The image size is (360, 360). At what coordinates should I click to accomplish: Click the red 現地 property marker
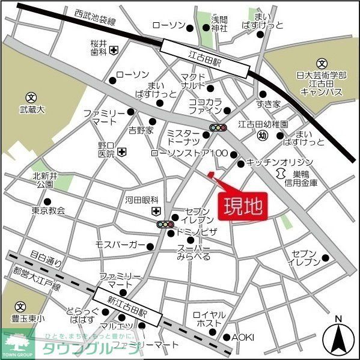pyautogui.click(x=243, y=206)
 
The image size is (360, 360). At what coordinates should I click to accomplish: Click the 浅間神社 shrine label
pyautogui.click(x=219, y=23)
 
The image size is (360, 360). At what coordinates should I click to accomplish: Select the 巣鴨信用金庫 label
pyautogui.click(x=307, y=178)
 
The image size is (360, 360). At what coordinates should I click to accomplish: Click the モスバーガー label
pyautogui.click(x=120, y=245)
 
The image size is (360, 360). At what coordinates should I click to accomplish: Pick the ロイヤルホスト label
pyautogui.click(x=209, y=319)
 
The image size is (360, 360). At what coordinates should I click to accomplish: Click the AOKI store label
pyautogui.click(x=243, y=337)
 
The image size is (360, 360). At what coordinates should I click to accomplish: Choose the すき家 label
pyautogui.click(x=269, y=104)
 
